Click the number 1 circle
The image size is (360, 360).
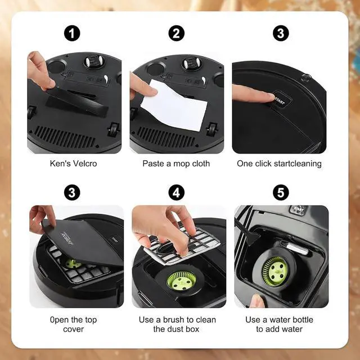tap(72, 33)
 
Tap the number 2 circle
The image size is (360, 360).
tap(177, 33)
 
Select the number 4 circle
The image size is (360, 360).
tap(177, 193)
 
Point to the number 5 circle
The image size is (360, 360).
tap(281, 193)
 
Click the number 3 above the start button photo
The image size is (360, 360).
tap(281, 33)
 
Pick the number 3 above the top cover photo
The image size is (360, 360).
tap(72, 193)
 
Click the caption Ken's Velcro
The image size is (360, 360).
tap(74, 164)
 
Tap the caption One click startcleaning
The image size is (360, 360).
tap(279, 164)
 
